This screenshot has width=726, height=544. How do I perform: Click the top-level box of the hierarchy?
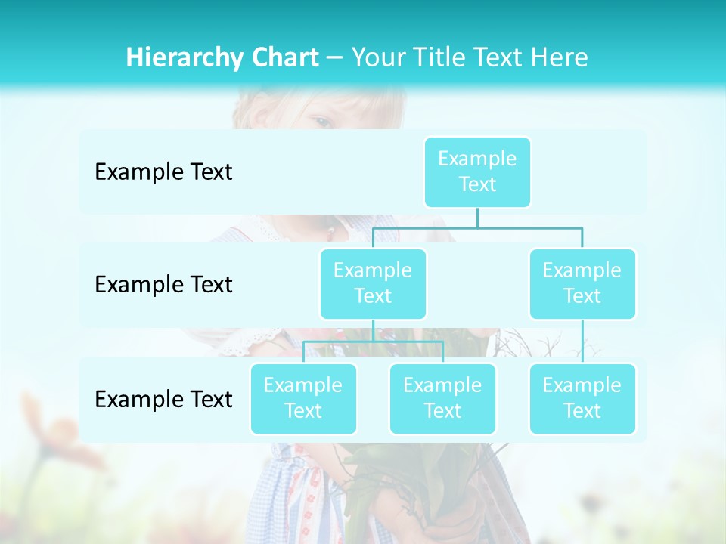point(477,172)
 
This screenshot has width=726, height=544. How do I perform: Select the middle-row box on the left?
point(373,283)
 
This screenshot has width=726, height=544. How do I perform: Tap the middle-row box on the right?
point(582,283)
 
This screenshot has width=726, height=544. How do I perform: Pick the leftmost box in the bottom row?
point(303,398)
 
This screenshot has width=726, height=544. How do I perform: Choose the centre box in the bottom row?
point(442,398)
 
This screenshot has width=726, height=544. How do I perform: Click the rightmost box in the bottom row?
point(582,398)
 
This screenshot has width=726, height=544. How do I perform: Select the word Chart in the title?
point(281,57)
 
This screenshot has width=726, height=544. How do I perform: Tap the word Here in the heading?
point(560,57)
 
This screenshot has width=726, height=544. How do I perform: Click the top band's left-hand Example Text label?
point(163,172)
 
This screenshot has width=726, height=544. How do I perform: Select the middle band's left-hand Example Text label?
point(163,284)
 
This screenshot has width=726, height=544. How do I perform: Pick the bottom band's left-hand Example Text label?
point(163,399)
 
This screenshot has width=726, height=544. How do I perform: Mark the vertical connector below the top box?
point(477,218)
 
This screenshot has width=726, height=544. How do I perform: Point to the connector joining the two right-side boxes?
point(582,342)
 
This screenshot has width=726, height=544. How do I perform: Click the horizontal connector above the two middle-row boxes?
point(477,228)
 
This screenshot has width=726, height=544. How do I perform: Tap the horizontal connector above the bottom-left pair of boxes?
point(373,342)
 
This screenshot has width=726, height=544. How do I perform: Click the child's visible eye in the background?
point(322,121)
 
